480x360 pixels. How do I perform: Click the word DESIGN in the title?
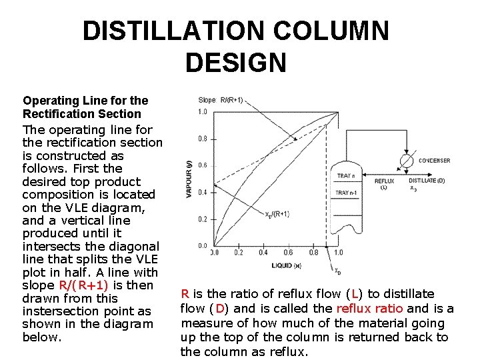pyautogui.click(x=235, y=63)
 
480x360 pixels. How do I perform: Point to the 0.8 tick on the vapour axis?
pyautogui.click(x=202, y=139)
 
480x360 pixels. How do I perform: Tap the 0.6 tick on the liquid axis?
pyautogui.click(x=288, y=253)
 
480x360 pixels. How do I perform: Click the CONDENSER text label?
pyautogui.click(x=434, y=161)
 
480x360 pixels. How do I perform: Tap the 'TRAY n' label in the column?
pyautogui.click(x=345, y=176)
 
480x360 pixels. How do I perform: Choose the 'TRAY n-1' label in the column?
pyautogui.click(x=347, y=193)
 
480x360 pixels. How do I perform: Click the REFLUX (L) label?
pyautogui.click(x=384, y=184)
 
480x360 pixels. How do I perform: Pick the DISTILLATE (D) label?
pyautogui.click(x=427, y=181)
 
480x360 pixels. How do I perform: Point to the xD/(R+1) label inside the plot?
pyautogui.click(x=277, y=214)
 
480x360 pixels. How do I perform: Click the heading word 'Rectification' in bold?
pyautogui.click(x=55, y=113)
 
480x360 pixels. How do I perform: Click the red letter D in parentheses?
pyautogui.click(x=220, y=308)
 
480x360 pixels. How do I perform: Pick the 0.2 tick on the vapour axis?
pyautogui.click(x=202, y=219)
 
